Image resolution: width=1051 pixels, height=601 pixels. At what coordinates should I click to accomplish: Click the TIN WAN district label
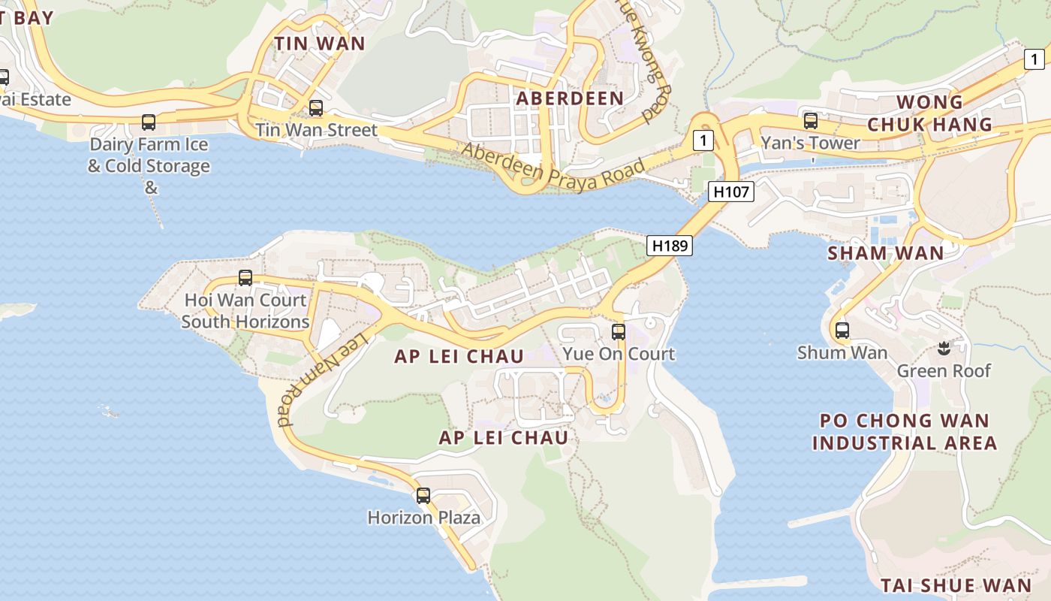[319, 44]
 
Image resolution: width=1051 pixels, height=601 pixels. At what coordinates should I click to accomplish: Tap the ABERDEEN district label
[570, 98]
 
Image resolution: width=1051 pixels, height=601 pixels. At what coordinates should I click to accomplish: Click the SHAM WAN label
[885, 253]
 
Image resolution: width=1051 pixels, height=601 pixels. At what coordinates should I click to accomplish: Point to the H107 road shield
[730, 192]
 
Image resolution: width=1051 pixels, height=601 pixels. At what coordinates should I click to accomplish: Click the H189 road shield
[669, 245]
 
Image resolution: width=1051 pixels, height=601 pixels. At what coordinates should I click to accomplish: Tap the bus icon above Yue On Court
[618, 331]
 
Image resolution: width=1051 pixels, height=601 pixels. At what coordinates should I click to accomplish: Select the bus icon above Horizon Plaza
[423, 495]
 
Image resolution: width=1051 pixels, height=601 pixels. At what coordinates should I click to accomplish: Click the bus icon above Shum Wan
[842, 330]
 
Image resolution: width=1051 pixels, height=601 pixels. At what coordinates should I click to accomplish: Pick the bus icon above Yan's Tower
[810, 120]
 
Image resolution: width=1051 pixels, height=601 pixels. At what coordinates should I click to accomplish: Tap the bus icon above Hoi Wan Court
[245, 277]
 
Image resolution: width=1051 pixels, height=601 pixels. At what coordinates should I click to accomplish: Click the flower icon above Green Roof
[944, 348]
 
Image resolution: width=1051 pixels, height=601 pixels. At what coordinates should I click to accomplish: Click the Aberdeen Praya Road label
[553, 168]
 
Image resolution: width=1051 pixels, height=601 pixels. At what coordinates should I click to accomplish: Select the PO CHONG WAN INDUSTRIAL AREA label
[904, 431]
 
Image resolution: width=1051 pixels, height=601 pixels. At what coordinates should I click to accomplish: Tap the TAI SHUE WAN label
[955, 585]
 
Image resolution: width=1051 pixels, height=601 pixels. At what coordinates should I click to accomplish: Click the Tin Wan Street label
[316, 130]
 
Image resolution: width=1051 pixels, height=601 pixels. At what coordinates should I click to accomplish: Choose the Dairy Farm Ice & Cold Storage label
[149, 156]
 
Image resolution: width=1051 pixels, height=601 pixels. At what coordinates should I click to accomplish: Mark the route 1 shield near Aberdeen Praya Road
[703, 140]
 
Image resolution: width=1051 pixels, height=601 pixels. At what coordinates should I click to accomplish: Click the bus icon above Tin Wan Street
[316, 107]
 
